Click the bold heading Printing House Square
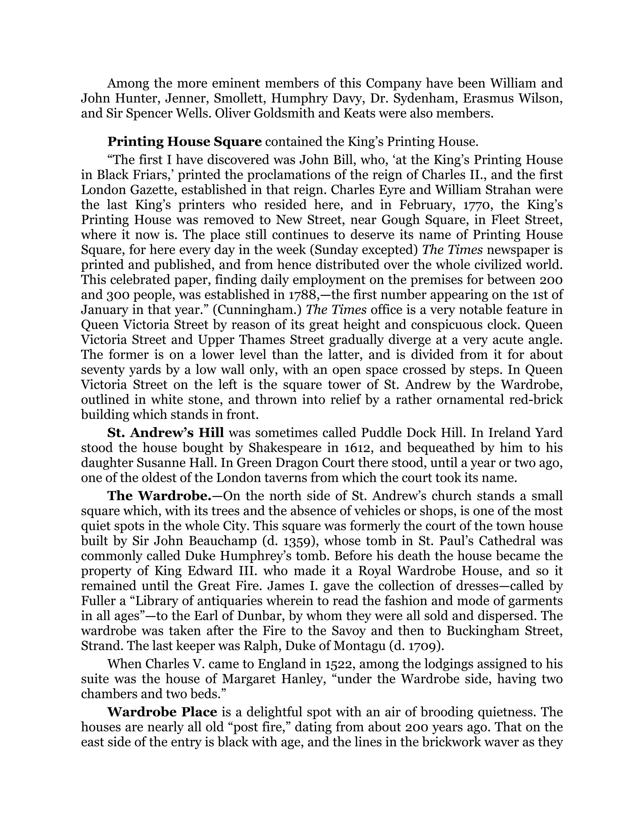(184, 142)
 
